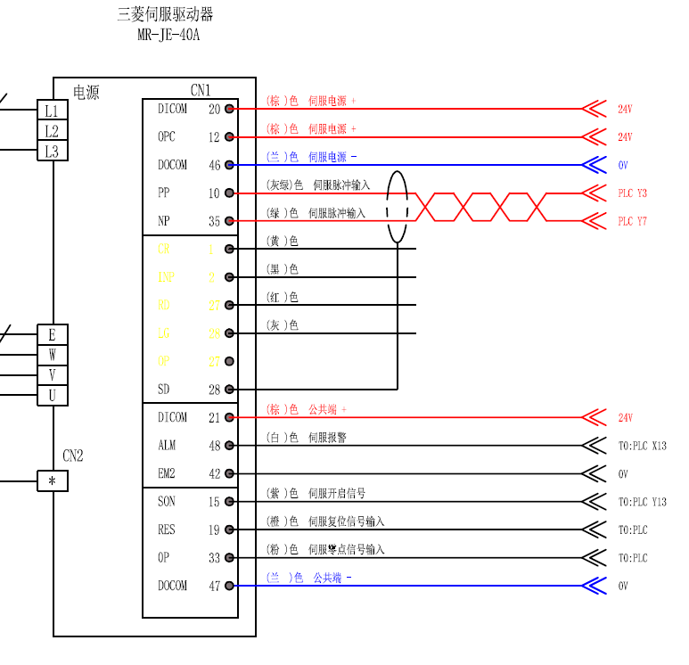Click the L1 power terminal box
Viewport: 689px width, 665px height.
52,111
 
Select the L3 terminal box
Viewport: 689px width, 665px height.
52,152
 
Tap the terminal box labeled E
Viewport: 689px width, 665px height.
52,335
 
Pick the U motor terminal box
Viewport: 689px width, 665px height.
52,395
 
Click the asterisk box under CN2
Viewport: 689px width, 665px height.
52,482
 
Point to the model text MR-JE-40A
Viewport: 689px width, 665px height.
169,36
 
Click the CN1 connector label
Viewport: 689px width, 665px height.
201,90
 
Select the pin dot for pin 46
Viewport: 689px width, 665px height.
229,165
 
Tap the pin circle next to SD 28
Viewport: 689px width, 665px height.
229,390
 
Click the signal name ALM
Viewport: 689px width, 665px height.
167,446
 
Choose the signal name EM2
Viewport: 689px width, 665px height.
167,473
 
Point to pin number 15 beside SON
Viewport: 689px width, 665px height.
214,502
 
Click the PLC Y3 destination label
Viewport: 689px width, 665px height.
632,193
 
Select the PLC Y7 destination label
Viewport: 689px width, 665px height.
632,221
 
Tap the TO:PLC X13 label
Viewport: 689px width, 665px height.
642,446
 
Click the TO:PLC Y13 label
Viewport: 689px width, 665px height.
642,502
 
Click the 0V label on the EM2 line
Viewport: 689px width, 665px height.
623,474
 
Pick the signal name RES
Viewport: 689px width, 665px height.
167,530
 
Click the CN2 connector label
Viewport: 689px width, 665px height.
73,456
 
